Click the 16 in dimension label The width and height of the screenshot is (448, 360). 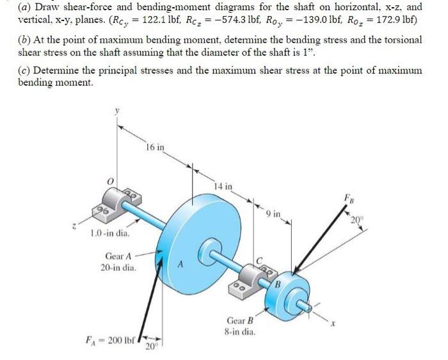155,147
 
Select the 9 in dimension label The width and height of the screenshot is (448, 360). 273,213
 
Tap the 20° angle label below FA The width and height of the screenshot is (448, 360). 150,348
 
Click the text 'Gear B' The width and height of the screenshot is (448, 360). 241,320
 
